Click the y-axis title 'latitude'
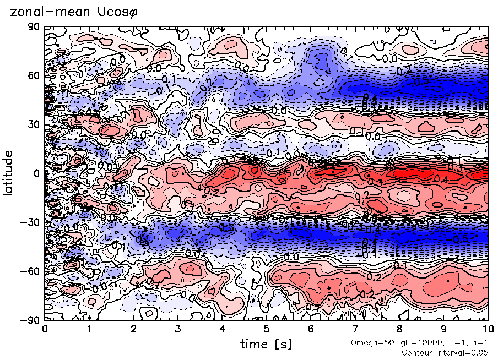coord(9,172)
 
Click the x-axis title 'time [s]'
coord(266,345)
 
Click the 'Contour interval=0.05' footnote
coord(445,353)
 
